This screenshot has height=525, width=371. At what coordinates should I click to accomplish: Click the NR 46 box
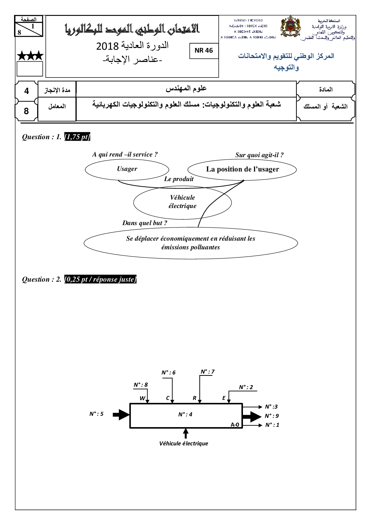pos(204,51)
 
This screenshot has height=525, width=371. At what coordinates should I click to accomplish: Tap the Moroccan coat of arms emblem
pos(290,28)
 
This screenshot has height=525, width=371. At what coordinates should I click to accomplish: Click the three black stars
pos(30,56)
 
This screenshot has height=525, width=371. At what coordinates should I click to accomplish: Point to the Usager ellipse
pos(127,169)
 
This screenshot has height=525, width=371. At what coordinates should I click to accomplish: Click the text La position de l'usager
pos(242,169)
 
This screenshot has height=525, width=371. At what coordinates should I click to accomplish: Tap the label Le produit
pos(179,179)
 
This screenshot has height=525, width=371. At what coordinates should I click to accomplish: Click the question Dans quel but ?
pos(145,223)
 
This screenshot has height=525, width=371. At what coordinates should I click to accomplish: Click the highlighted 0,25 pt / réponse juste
pos(100,280)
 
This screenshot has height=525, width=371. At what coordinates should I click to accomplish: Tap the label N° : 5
pos(96,414)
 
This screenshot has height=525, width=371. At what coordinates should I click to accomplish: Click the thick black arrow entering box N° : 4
pos(121,415)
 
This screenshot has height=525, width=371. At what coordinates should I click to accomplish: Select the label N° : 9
pos(272,416)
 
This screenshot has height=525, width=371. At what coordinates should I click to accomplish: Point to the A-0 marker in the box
pos(235,424)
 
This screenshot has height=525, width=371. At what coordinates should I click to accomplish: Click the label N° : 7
pos(208,372)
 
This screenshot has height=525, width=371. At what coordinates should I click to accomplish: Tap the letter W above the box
pos(142,398)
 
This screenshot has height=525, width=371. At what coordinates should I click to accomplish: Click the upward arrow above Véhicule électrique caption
pos(185,433)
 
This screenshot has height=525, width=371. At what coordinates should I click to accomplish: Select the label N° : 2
pos(246,387)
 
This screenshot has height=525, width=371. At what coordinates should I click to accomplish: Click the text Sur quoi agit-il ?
pos(259,155)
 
